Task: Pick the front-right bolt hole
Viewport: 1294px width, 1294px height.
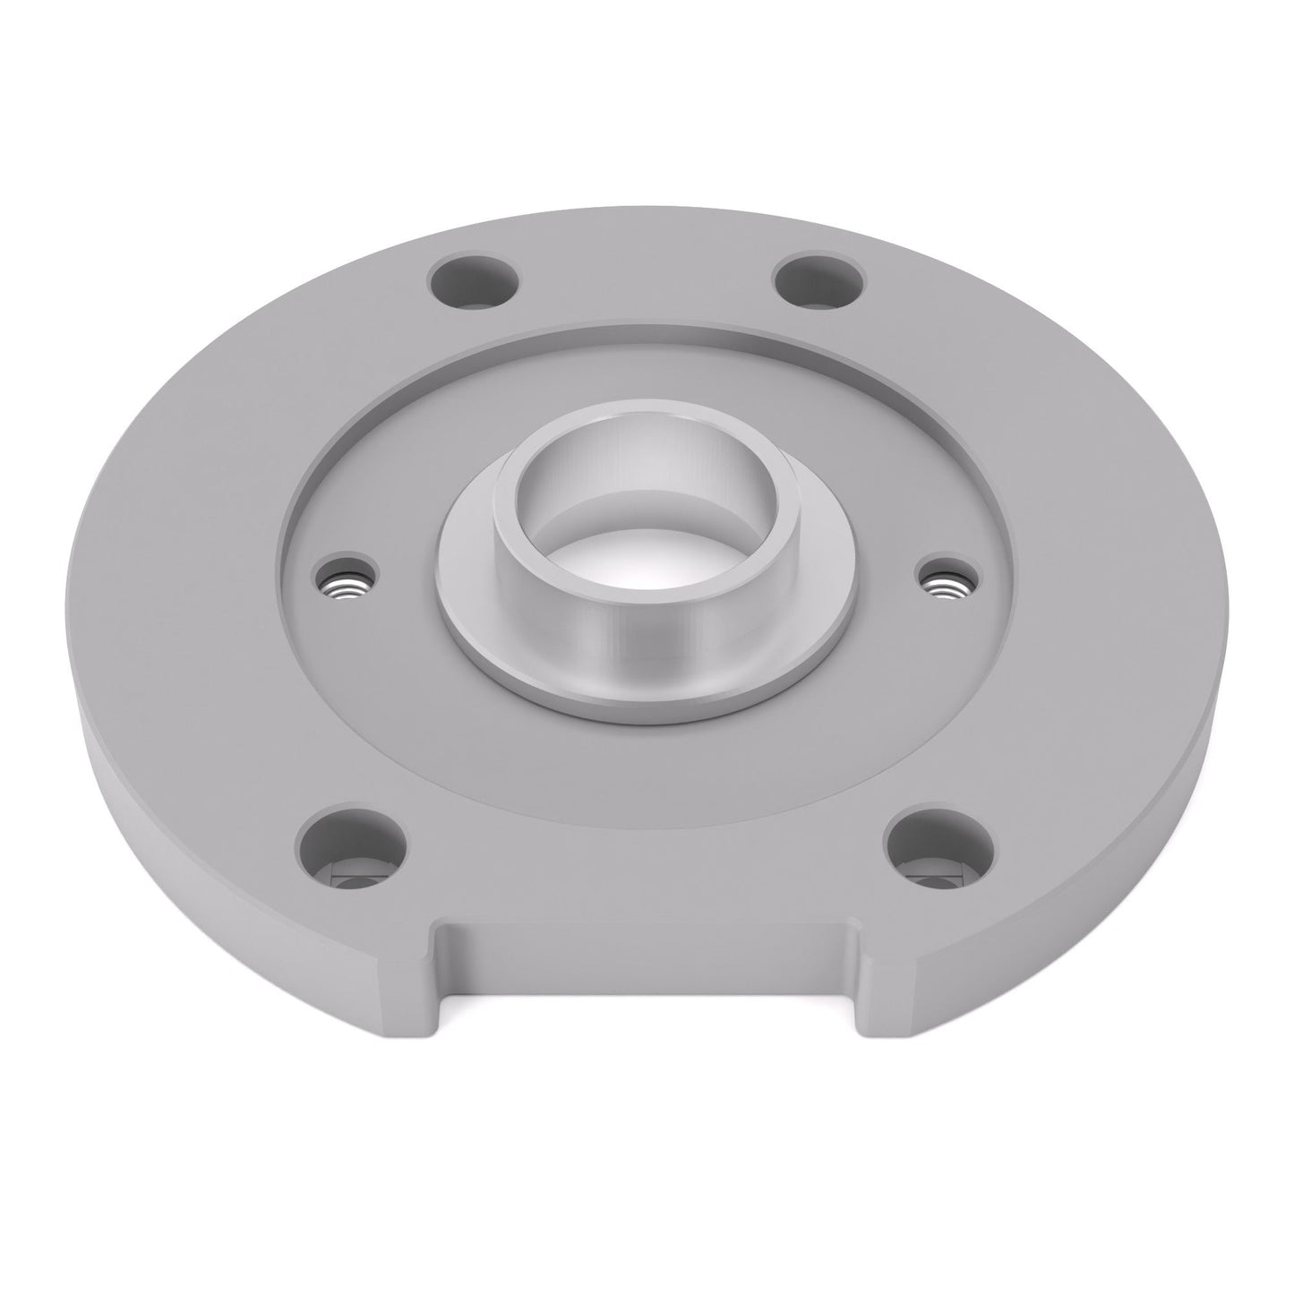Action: (x=939, y=848)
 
